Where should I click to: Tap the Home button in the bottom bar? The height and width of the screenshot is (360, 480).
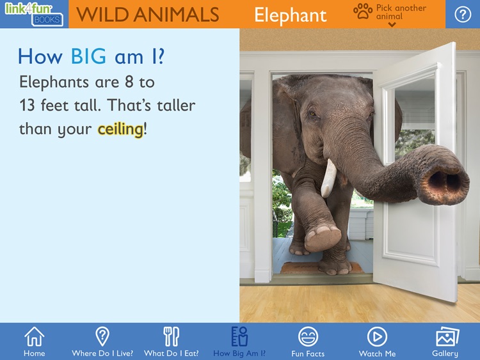(34, 341)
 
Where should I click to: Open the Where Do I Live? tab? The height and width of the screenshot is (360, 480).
(102, 341)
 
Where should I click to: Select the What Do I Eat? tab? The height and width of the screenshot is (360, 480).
(171, 341)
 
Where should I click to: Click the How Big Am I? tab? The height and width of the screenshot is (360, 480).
(239, 341)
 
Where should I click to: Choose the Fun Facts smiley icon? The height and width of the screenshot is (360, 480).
(308, 341)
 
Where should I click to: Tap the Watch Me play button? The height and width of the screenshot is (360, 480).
(377, 341)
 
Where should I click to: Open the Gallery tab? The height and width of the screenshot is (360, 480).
(445, 341)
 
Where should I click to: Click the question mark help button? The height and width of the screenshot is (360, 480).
(462, 14)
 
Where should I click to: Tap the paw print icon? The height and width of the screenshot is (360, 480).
(363, 11)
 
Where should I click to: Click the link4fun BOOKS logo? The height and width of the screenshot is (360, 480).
(33, 13)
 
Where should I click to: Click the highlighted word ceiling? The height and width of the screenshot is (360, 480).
(120, 129)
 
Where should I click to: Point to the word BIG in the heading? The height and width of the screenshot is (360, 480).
(88, 57)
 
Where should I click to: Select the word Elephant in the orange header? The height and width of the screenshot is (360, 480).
(290, 15)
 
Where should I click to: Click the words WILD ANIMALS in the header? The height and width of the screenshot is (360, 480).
(147, 15)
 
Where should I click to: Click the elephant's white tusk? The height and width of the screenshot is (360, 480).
(328, 177)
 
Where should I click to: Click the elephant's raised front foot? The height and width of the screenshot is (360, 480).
(322, 237)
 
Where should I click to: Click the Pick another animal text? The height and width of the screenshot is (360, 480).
(401, 12)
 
